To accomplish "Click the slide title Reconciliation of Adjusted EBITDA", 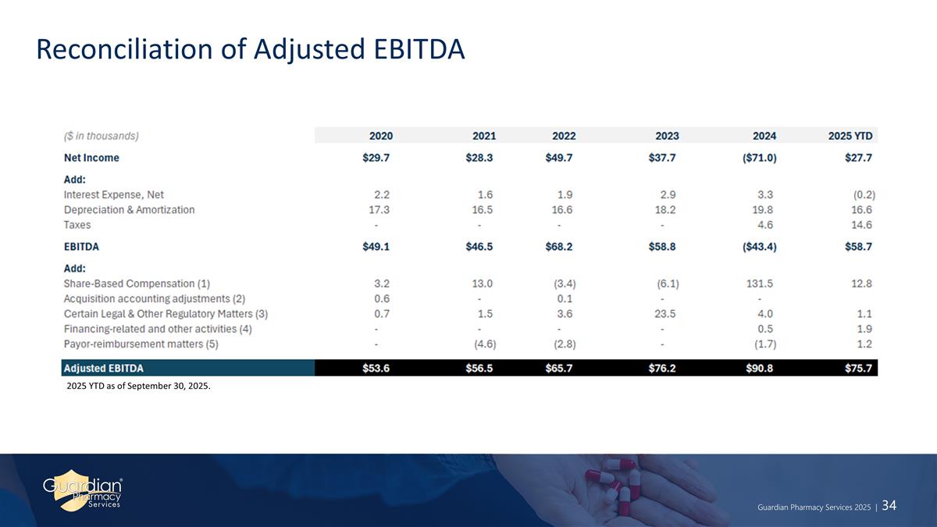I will (250, 49).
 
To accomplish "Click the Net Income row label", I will (91, 158).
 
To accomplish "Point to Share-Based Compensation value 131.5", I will (761, 283).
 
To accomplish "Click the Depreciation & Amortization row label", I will (129, 210).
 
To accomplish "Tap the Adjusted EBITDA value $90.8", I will (759, 368).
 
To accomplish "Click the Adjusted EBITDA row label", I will (104, 368).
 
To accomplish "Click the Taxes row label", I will (77, 225).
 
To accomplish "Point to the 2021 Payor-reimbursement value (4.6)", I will (485, 344).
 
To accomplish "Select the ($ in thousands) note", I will (101, 136).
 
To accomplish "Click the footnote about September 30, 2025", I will (139, 390).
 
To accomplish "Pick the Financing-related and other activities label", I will (158, 329).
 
